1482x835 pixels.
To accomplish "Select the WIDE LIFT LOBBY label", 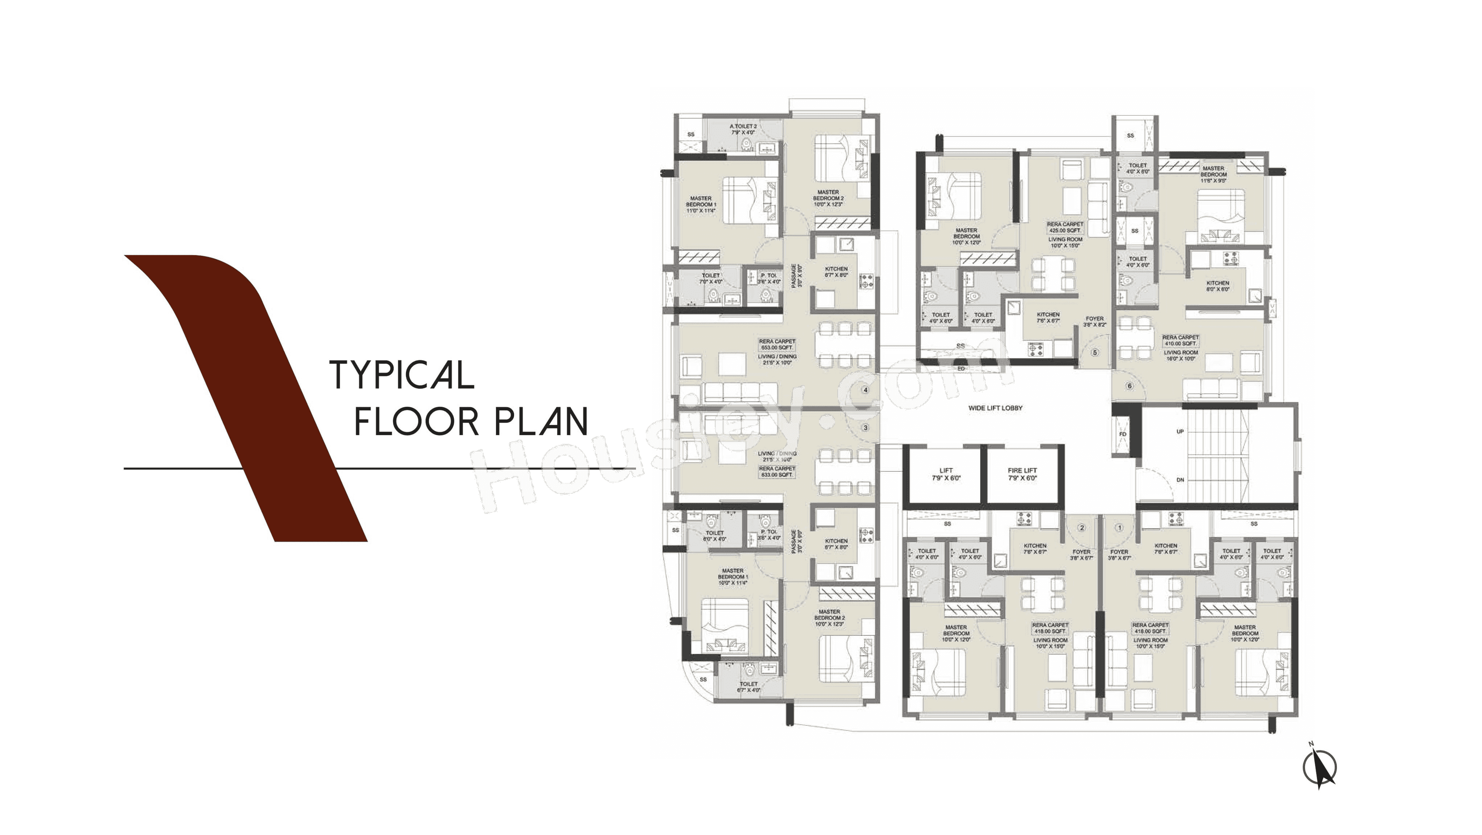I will (995, 408).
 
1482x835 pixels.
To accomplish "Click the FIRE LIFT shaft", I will (1022, 474).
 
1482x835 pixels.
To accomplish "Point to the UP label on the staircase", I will (1180, 432).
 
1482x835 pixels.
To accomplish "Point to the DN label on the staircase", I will (1180, 480).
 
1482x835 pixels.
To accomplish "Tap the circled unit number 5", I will (1094, 353).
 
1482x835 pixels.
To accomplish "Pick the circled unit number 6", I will (1129, 386).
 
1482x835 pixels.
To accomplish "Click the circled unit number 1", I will (1119, 528).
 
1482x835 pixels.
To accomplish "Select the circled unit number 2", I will (1081, 528).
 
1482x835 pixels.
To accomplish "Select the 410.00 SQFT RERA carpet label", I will (1181, 340).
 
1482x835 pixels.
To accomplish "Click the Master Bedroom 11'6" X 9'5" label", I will (1213, 174).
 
